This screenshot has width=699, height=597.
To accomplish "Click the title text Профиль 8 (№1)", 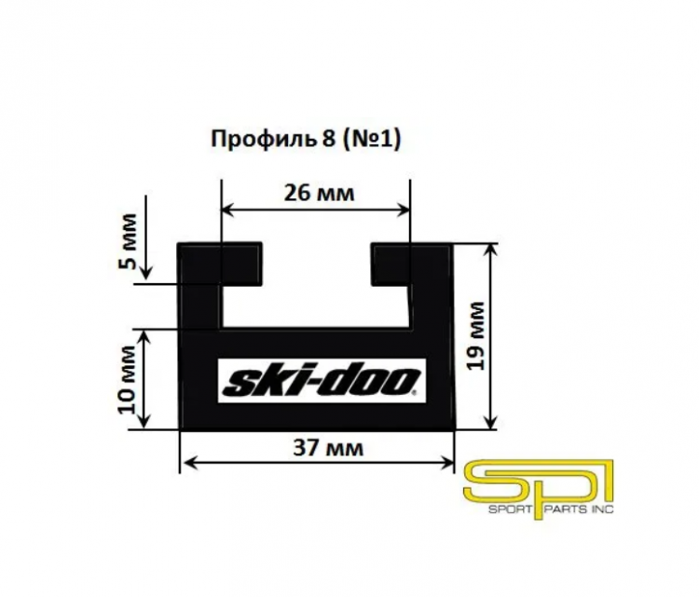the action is tap(306, 140).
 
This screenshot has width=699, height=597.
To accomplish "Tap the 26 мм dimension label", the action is tap(319, 194).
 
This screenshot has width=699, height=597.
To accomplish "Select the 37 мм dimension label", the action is tap(328, 448).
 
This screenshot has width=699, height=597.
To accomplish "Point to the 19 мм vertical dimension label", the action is tap(476, 335).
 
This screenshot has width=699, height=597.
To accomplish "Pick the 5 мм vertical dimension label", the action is tap(127, 241).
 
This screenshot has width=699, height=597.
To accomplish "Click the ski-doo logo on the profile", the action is tap(322, 381).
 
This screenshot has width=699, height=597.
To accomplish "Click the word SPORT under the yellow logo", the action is tap(510, 509).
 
